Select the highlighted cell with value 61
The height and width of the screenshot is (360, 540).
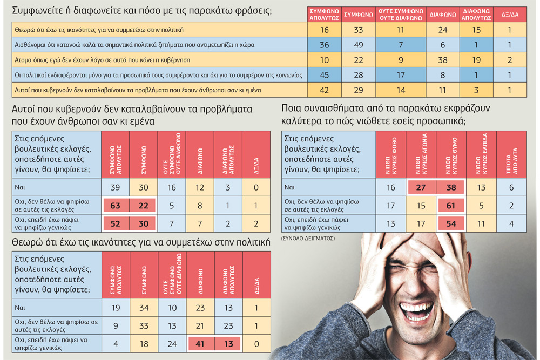[x=451, y=206]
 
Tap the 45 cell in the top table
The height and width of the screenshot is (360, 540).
[x=324, y=75]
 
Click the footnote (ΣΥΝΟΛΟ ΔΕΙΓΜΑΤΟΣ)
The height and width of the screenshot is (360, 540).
[x=308, y=238]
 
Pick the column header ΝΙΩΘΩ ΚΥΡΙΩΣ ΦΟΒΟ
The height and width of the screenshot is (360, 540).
[x=391, y=155]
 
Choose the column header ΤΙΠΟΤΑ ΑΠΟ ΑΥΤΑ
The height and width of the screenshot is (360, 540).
[x=511, y=155]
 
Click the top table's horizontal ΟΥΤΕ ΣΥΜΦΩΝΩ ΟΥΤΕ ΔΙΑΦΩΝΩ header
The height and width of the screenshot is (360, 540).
[x=401, y=15]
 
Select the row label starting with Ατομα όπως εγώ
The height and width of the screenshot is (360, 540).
[x=102, y=60]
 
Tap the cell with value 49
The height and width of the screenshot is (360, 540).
[x=359, y=45]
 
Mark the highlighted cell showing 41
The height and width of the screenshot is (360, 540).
[x=200, y=344]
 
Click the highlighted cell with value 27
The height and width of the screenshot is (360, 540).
[x=421, y=187]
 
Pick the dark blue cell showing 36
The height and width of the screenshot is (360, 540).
[x=324, y=45]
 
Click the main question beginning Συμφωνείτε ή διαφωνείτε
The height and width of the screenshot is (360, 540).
[x=142, y=11]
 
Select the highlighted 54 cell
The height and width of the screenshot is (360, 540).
[x=451, y=223]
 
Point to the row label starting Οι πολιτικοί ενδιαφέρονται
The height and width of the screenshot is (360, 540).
[x=158, y=75]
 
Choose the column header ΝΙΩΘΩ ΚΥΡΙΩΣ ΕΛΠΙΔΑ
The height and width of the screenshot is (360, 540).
[x=481, y=155]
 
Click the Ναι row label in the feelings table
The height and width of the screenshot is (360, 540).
[x=289, y=187]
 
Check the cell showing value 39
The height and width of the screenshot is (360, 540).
[x=116, y=187]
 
